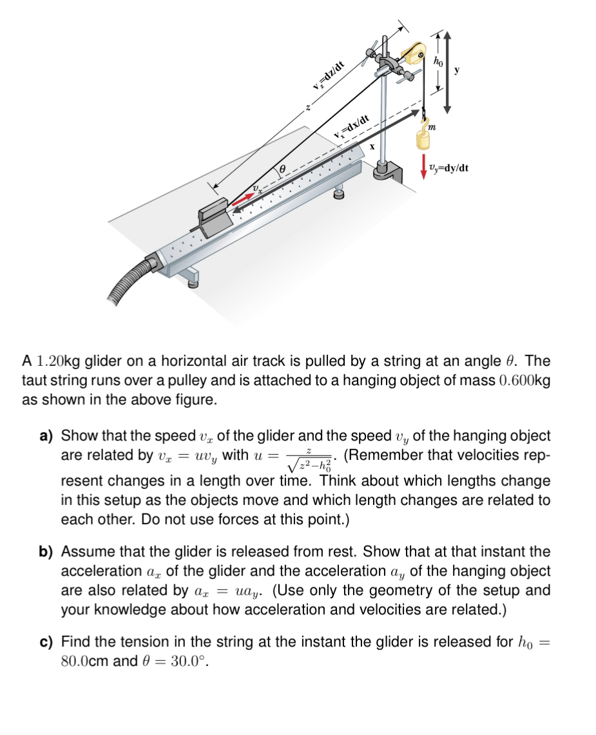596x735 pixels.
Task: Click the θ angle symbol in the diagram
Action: [282, 170]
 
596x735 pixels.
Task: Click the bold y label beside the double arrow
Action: [457, 70]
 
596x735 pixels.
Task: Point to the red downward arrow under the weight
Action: [423, 164]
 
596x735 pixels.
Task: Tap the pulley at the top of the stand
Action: [413, 52]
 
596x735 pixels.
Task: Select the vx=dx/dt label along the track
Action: [352, 126]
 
